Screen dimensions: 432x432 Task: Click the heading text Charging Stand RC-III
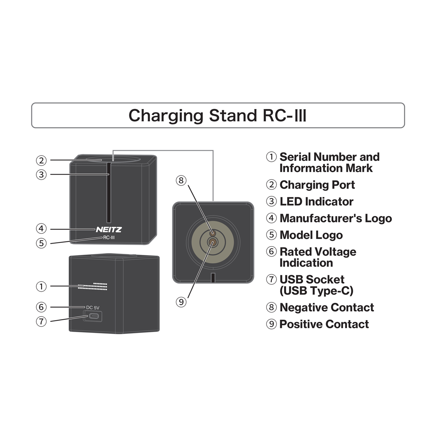[217, 116]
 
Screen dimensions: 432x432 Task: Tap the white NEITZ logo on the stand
[109, 230]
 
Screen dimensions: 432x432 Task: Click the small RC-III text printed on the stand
[109, 238]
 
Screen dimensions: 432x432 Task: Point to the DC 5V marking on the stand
[93, 307]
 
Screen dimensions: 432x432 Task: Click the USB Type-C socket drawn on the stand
[93, 316]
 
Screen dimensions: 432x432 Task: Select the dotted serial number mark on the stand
[93, 286]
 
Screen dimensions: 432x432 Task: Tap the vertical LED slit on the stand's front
[109, 193]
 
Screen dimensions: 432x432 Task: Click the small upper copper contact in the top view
[212, 233]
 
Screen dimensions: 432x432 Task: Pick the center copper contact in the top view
[212, 242]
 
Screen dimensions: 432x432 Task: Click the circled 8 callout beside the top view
[181, 180]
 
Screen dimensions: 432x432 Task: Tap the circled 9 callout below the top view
[181, 302]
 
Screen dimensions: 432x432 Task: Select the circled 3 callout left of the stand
[41, 175]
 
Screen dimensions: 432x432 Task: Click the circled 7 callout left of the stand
[41, 321]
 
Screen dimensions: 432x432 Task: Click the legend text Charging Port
[317, 185]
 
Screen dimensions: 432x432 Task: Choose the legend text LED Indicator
[316, 202]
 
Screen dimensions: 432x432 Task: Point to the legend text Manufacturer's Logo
[336, 219]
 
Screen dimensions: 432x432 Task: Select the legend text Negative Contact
[327, 307]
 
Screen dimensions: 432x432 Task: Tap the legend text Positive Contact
[324, 324]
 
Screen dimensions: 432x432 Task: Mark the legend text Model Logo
[311, 235]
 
